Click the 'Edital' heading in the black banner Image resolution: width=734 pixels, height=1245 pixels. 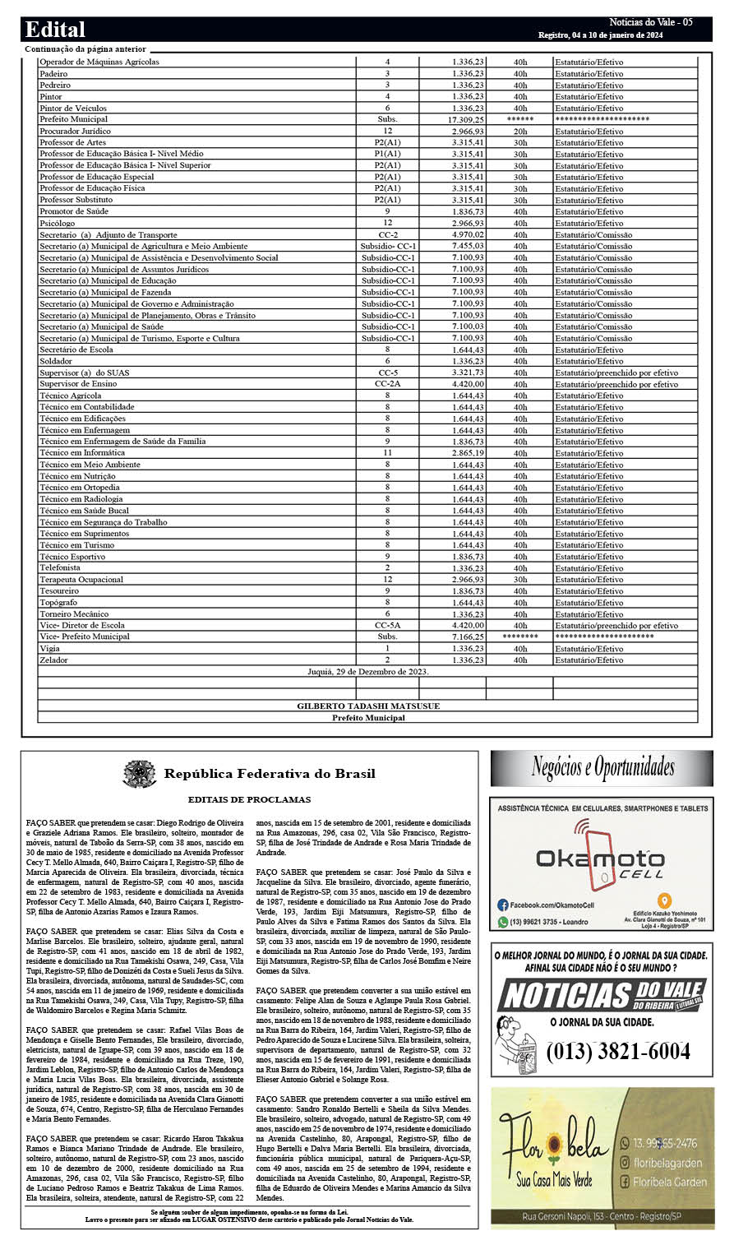pos(55,30)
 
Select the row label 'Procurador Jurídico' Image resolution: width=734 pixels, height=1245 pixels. pos(75,132)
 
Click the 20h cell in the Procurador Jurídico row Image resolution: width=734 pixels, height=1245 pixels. pos(520,132)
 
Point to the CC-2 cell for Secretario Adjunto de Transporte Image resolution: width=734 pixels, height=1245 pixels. pos(387,235)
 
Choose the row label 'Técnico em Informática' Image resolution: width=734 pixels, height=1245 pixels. pos(82,453)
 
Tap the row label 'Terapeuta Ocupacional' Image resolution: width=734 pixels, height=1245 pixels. pos(81,580)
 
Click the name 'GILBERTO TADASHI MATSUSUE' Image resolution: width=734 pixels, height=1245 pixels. pos(368,706)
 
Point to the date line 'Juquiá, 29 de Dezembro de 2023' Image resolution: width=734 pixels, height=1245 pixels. pos(367,672)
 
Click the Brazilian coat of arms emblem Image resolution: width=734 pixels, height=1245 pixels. pos(140,774)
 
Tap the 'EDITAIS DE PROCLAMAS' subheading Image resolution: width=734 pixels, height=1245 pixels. pos(249,799)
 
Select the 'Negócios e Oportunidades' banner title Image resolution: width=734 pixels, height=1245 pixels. pos(602,768)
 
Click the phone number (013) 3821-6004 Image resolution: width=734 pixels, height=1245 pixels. pos(617,1051)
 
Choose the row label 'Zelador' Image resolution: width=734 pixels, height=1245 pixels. pos(54,660)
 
